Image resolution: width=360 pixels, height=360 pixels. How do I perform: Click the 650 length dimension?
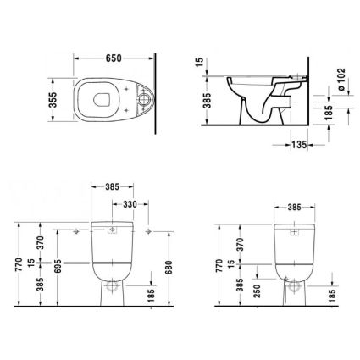pos(114,58)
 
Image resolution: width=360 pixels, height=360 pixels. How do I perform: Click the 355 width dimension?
pos(53,100)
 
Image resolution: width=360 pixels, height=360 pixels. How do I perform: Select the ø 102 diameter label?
pos(342,80)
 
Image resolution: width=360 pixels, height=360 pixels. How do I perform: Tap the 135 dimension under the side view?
pos(299,145)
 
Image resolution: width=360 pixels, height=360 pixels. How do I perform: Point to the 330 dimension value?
pos(130,204)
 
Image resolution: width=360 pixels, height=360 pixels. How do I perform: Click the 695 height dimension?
pos(58,266)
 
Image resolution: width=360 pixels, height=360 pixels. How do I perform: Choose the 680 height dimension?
pos(169,268)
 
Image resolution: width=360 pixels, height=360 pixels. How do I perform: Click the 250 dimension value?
pos(258,291)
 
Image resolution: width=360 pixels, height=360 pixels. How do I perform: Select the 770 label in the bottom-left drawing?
pos(19,264)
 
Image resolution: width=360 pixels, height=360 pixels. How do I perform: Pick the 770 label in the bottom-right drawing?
pos(219,265)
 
